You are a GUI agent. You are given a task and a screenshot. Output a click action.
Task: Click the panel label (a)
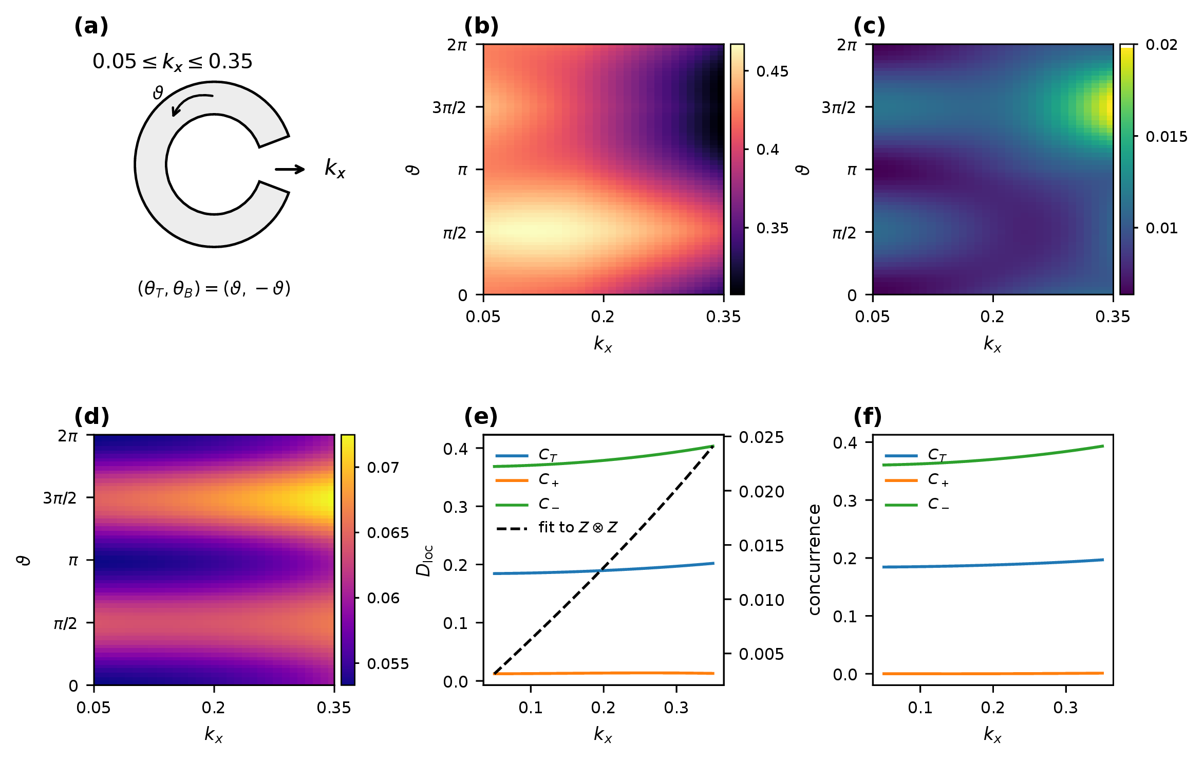click(x=91, y=26)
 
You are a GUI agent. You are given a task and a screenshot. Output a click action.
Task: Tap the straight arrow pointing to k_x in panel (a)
click(x=290, y=170)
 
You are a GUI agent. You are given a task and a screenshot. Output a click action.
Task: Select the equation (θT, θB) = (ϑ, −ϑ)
click(x=214, y=288)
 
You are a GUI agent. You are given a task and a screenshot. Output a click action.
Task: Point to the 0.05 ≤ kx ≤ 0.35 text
click(x=173, y=62)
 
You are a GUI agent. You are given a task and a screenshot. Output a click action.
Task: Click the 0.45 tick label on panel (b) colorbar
click(x=772, y=71)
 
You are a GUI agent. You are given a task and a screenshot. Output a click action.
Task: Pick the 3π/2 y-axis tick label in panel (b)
click(x=449, y=107)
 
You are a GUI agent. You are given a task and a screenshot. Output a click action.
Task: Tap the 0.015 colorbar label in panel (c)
click(x=1167, y=137)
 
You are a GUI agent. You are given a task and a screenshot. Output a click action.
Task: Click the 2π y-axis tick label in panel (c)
click(x=847, y=45)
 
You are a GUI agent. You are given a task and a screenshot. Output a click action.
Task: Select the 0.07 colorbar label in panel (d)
click(x=383, y=468)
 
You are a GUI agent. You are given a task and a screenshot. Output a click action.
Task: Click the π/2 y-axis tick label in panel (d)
click(x=65, y=623)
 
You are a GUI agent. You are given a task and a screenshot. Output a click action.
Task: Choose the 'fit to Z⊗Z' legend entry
click(x=557, y=528)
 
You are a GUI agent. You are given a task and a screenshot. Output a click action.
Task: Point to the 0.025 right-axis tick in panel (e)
click(x=761, y=437)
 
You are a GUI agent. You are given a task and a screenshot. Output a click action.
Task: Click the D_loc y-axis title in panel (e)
click(x=424, y=560)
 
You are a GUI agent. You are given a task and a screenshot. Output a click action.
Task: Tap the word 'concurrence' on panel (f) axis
click(x=814, y=559)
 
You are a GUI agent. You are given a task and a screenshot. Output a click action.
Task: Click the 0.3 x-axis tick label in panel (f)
click(x=1065, y=708)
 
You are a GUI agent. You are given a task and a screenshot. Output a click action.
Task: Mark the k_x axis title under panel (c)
click(x=992, y=344)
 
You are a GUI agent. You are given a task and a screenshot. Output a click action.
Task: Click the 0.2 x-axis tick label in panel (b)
click(x=603, y=317)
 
